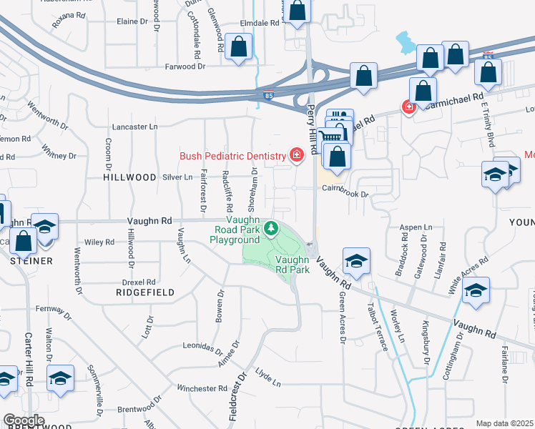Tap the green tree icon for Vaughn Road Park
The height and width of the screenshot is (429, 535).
click(x=271, y=229)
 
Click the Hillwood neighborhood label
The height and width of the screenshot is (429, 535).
click(x=129, y=177)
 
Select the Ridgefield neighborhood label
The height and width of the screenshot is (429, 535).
click(x=140, y=292)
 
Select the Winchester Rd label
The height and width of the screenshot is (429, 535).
click(x=202, y=388)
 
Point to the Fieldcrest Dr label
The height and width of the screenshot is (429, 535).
click(x=237, y=395)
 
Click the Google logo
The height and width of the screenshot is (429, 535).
click(x=24, y=420)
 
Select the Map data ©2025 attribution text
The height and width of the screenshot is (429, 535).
click(x=505, y=423)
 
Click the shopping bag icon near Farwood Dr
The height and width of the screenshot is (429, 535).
click(x=240, y=46)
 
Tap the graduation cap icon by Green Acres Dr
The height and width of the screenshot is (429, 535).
click(x=355, y=261)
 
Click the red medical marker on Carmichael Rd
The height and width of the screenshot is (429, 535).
click(x=409, y=107)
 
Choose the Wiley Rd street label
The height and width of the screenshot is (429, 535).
click(x=99, y=242)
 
